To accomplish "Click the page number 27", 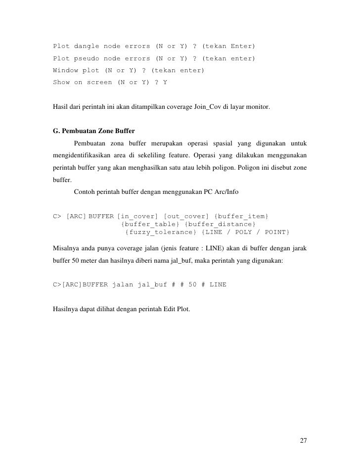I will click(303, 441).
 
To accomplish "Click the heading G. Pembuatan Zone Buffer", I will click(93, 131).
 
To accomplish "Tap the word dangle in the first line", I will click(87, 47).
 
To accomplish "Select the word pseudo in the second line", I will click(87, 58).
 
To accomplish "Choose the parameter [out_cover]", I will click(186, 216).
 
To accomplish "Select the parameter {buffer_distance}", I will click(221, 224).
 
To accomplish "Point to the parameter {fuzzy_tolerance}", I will click(161, 232).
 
